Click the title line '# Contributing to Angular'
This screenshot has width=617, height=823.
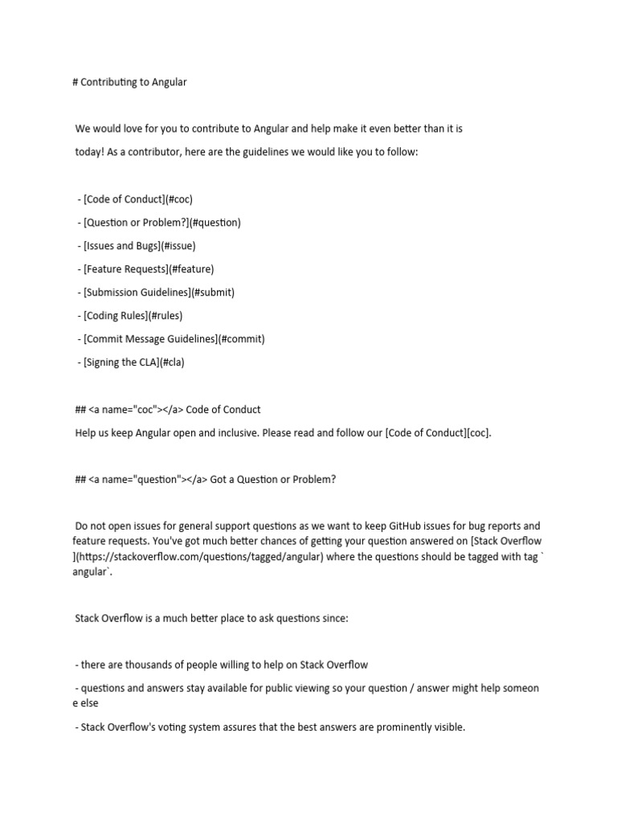pyautogui.click(x=129, y=82)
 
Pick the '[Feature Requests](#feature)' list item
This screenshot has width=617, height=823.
pyautogui.click(x=146, y=268)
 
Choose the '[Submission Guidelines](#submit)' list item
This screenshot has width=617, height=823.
pyautogui.click(x=156, y=292)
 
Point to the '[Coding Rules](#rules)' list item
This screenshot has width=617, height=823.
pyautogui.click(x=135, y=315)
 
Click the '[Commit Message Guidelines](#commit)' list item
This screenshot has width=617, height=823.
pyautogui.click(x=171, y=338)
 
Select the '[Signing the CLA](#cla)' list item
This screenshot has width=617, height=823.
pyautogui.click(x=131, y=362)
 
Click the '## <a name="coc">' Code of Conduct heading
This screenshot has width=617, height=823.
pyautogui.click(x=167, y=409)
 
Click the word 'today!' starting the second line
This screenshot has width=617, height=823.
pyautogui.click(x=90, y=152)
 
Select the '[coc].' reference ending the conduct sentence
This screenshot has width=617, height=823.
pyautogui.click(x=478, y=432)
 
